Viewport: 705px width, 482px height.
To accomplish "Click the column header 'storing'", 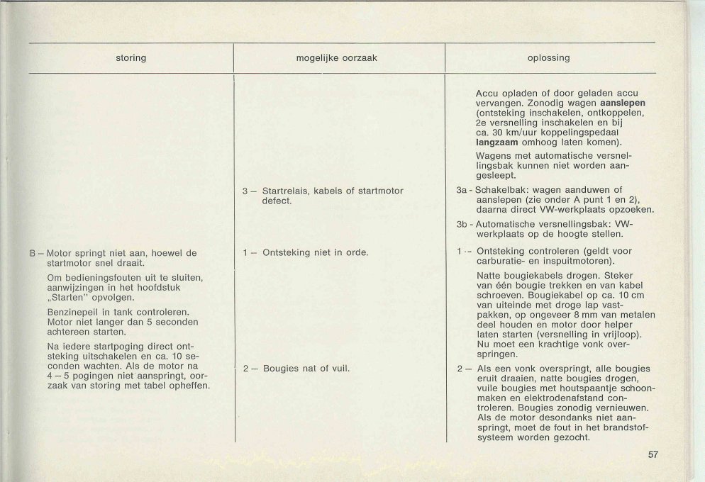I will tap(131, 57).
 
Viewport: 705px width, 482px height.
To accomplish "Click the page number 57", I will tap(653, 455).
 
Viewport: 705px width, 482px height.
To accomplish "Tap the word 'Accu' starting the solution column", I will tap(488, 93).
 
